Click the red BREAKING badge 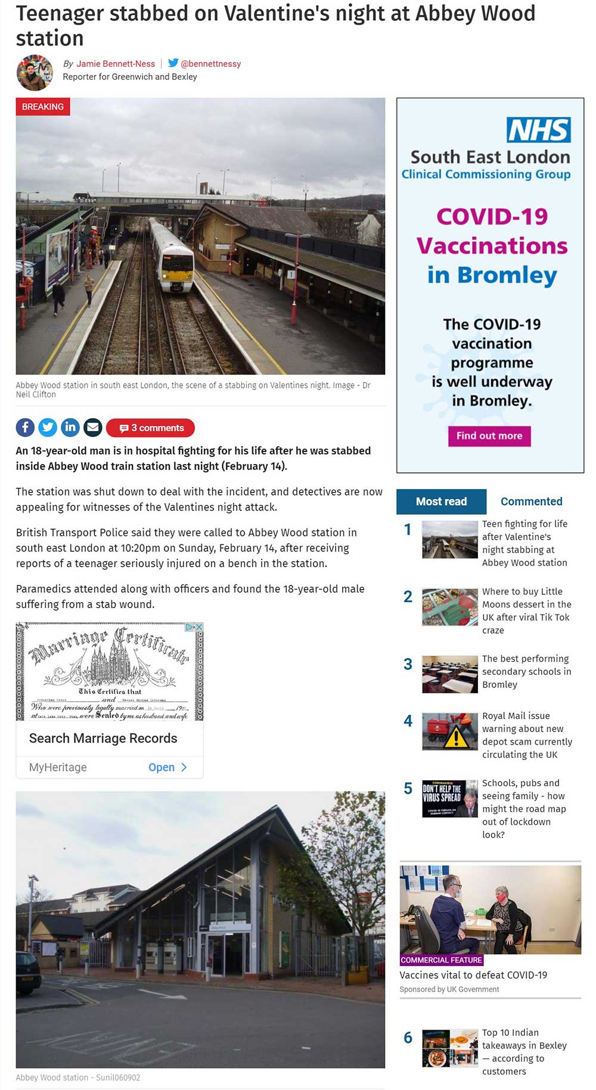(43, 107)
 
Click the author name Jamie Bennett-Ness (116, 64)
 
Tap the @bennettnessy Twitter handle (210, 64)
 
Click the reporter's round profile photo (35, 73)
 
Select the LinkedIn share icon (70, 427)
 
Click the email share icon (92, 427)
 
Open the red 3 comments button (151, 428)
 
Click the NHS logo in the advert (538, 130)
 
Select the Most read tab (441, 502)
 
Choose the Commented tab (531, 502)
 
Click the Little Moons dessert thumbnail (450, 607)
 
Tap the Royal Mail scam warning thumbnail (450, 731)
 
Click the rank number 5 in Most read (408, 789)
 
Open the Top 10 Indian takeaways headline (524, 1051)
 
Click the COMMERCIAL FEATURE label (441, 960)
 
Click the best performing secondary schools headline (526, 671)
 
